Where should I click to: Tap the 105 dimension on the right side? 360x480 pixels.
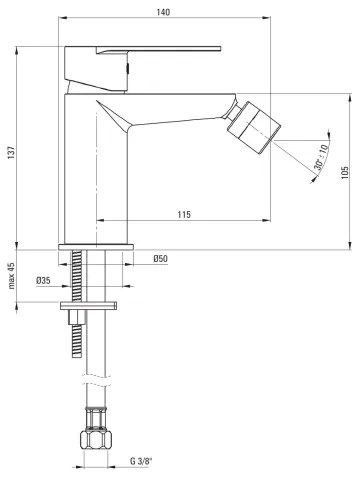343,171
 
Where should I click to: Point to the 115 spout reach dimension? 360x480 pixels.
184,215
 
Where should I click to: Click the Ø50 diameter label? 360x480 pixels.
159,260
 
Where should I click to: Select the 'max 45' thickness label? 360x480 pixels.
11,273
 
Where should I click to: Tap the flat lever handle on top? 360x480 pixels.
160,48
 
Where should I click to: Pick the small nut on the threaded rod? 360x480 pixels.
75,317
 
